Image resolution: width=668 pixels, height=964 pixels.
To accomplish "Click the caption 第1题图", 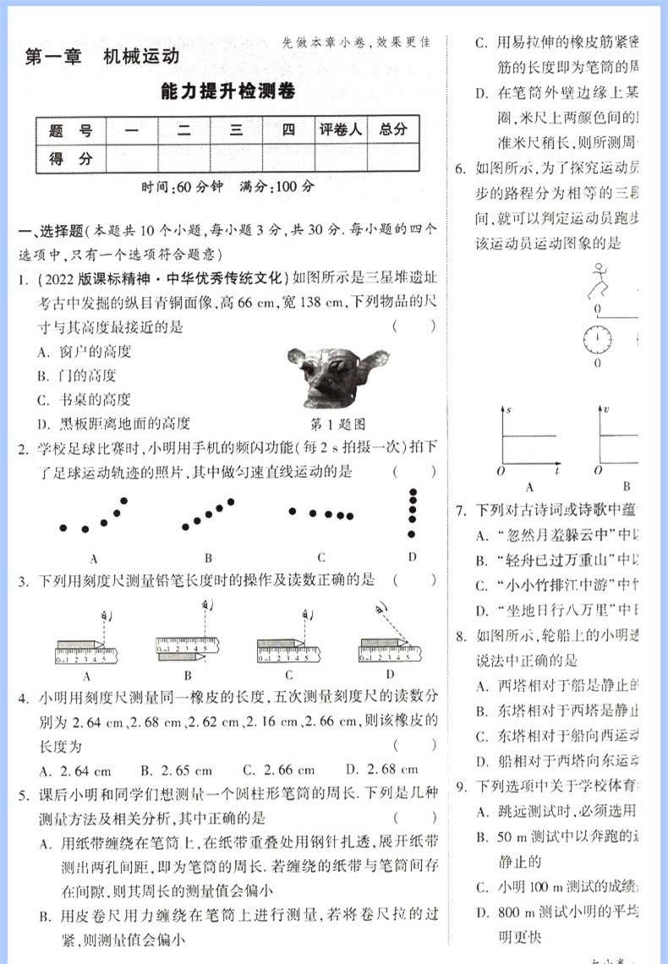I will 337,424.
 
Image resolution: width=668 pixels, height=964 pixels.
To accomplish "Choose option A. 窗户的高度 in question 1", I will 85,352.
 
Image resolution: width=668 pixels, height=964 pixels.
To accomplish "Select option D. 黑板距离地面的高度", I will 114,423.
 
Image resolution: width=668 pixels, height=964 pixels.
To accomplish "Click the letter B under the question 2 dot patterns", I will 208,558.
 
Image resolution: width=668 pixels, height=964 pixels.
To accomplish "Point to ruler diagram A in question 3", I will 86,649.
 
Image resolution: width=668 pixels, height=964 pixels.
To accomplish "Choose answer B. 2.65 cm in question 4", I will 176,770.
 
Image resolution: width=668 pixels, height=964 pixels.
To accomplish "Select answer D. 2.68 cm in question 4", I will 382,770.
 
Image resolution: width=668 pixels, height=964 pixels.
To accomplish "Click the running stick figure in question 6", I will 600,282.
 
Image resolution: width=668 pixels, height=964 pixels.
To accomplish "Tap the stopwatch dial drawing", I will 597,338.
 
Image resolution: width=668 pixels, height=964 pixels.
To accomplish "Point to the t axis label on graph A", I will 560,467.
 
